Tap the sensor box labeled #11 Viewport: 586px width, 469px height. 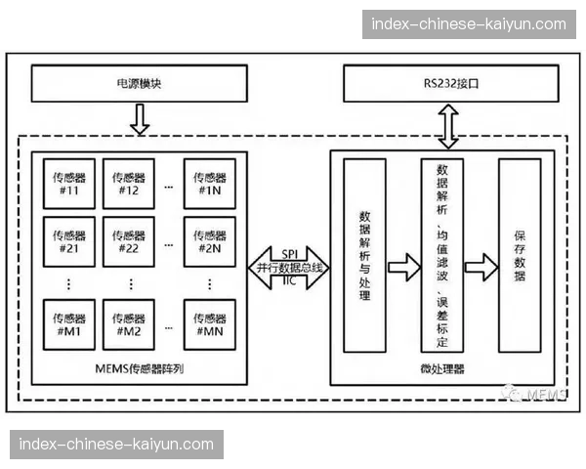tap(68, 183)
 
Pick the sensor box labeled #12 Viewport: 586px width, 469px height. tap(130, 183)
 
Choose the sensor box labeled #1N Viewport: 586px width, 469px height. tap(210, 183)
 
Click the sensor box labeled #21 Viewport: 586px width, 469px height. tap(68, 240)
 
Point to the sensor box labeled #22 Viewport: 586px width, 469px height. tap(130, 240)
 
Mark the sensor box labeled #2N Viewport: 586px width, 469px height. tap(210, 240)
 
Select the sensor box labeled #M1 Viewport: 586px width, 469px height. tap(68, 323)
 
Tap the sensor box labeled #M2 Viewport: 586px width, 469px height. tap(130, 323)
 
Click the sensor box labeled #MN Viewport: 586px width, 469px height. tap(210, 323)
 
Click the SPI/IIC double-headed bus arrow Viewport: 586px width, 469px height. tap(288, 266)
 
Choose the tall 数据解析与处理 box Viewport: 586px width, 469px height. tap(364, 256)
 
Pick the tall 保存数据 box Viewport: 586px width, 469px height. tap(519, 256)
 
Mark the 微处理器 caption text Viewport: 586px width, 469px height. tap(441, 368)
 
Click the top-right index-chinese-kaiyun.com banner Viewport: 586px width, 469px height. tap(464, 23)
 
